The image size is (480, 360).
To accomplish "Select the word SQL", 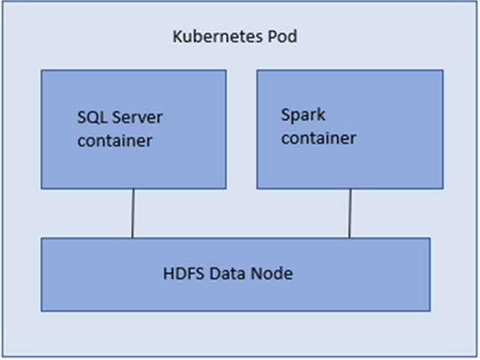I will [x=90, y=119].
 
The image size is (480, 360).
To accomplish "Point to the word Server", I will [x=129, y=119].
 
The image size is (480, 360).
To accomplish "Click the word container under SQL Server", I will [x=115, y=139].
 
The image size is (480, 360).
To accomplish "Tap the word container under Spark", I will [x=319, y=137].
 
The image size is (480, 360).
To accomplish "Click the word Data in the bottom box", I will [x=224, y=274].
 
